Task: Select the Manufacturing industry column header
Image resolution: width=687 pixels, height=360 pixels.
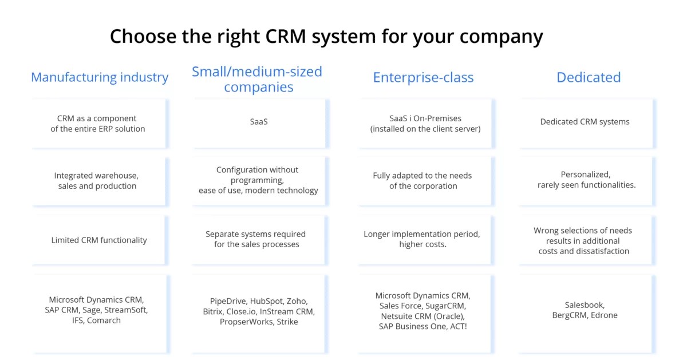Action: [x=100, y=77]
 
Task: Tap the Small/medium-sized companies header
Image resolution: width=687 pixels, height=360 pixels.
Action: [x=257, y=80]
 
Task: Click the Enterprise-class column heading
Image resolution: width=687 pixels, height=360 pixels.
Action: [x=423, y=77]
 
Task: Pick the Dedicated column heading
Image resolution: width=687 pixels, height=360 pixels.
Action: [x=589, y=77]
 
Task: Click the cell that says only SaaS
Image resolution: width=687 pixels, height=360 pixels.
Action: [x=259, y=122]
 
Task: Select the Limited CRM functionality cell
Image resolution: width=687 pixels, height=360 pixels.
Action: [x=99, y=240]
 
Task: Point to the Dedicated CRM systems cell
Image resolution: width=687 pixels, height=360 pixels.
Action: [x=585, y=122]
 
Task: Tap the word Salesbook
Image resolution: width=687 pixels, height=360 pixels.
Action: [x=585, y=305]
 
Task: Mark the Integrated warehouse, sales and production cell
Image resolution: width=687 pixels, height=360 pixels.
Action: [x=97, y=181]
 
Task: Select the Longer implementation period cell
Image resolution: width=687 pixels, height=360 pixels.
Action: [x=422, y=239]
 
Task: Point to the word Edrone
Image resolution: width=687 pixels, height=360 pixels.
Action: [x=603, y=315]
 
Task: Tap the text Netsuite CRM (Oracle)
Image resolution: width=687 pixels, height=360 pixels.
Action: [x=423, y=316]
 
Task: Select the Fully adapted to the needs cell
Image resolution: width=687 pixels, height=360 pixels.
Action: [x=423, y=181]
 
